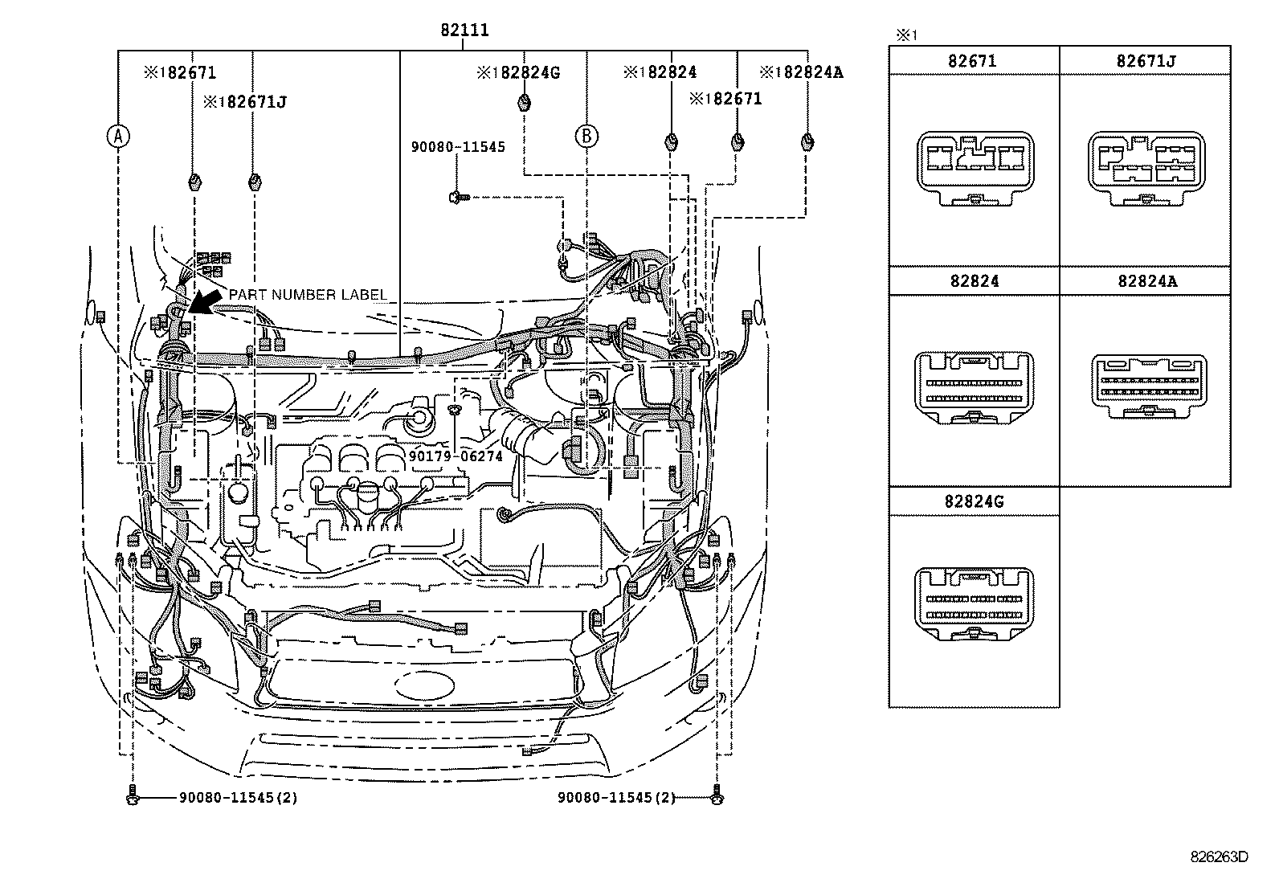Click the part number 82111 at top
pos(464,31)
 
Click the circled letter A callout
pos(118,137)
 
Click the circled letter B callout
pos(586,137)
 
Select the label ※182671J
pos(244,102)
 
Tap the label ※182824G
pos(517,72)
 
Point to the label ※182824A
pos(801,72)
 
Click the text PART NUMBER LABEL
pos(308,295)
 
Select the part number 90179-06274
pos(456,456)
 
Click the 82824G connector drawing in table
pos(974,605)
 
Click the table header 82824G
pos(974,501)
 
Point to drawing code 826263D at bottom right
pos(1219,856)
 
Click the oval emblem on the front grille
pos(423,685)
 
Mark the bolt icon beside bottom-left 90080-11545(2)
pos(133,798)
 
